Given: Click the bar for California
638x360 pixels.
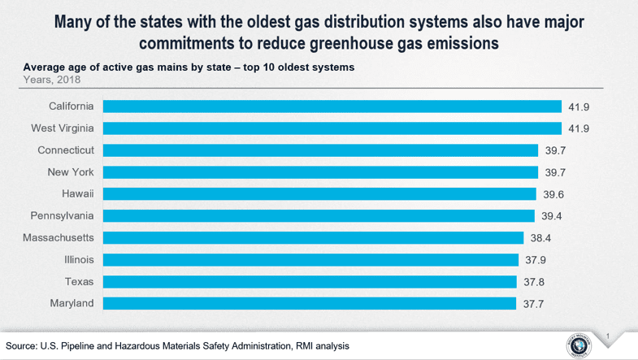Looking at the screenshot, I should [332, 106].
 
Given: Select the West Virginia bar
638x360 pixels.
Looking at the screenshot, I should [332, 128].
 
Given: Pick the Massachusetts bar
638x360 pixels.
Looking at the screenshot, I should [313, 238].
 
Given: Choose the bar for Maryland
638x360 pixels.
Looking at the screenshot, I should [310, 303].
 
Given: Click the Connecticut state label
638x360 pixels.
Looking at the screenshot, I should [66, 150].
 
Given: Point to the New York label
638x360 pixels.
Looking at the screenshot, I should [71, 172].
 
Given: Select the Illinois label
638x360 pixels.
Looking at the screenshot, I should [80, 260].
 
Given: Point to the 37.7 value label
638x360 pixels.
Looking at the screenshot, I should [533, 304].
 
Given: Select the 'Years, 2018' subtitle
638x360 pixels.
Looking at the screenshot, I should [52, 80].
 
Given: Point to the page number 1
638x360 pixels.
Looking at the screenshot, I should [607, 334].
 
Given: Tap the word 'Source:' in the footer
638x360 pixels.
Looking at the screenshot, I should [22, 346].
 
